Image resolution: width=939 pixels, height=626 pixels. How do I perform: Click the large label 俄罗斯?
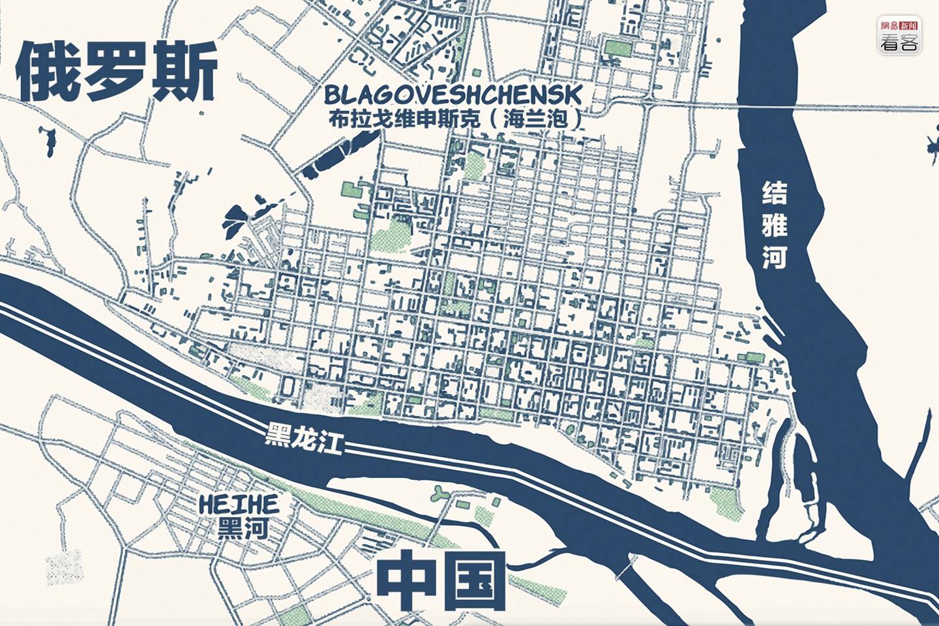pyautogui.click(x=116, y=72)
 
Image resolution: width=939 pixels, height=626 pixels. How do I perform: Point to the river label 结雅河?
pyautogui.click(x=775, y=226)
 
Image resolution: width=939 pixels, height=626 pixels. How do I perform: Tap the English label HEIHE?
pyautogui.click(x=239, y=504)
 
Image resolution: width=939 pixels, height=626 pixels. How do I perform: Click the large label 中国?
pyautogui.click(x=442, y=580)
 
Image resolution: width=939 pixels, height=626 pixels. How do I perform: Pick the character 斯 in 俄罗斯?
pyautogui.click(x=185, y=72)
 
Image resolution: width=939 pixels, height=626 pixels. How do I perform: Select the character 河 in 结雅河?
pyautogui.click(x=775, y=258)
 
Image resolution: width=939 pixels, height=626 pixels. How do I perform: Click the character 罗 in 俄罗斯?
pyautogui.click(x=116, y=72)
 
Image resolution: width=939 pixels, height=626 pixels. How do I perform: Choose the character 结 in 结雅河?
pyautogui.click(x=775, y=194)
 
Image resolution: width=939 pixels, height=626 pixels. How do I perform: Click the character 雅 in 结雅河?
pyautogui.click(x=775, y=226)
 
